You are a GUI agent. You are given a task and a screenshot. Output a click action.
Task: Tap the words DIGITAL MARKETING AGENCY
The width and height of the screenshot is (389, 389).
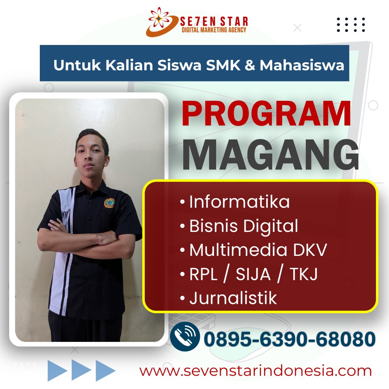pos(214,30)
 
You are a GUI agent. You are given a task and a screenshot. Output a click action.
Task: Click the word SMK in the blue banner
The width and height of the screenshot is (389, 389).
pos(223,65)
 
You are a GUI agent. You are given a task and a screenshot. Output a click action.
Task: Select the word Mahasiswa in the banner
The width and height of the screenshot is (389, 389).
pos(302,65)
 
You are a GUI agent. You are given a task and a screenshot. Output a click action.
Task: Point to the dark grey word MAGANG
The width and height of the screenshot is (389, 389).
pos(270,154)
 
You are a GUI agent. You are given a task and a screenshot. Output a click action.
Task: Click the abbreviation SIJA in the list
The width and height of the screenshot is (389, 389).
pos(253,274)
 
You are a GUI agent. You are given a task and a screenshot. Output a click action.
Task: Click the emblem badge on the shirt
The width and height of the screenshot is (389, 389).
pos(109,203)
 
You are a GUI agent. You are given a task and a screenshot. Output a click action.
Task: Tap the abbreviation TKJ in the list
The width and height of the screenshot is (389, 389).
pos(304,274)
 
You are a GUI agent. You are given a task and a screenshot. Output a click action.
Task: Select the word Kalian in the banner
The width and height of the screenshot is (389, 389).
pos(129,65)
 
